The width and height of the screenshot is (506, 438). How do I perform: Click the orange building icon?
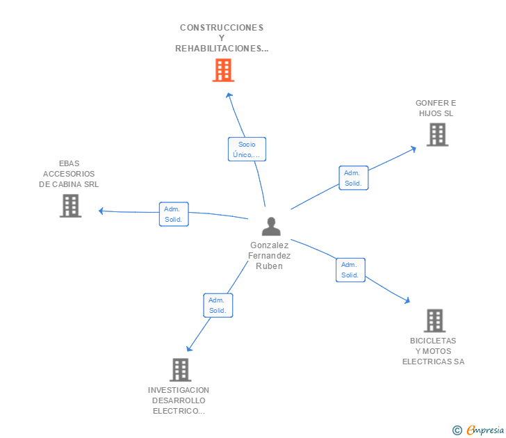point(223,70)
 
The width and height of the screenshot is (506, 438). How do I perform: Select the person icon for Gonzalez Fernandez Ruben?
point(271,226)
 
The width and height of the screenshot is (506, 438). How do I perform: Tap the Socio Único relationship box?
point(247,149)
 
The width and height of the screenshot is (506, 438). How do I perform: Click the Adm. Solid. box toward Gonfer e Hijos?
point(353,178)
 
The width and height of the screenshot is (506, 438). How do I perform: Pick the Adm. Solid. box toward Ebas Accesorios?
point(174,214)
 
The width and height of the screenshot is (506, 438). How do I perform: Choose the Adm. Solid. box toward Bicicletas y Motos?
point(350,270)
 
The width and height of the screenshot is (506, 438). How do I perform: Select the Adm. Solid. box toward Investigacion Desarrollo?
point(218,305)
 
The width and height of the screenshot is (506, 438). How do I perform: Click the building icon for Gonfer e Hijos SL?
point(437,135)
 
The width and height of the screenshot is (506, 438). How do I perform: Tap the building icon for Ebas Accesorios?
point(70,206)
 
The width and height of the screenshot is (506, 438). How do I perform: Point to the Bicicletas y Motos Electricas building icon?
point(434,321)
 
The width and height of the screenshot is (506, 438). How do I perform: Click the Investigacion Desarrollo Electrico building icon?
point(181,370)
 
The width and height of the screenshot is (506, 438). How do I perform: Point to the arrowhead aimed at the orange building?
point(229,95)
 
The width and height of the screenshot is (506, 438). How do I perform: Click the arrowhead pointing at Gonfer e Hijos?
point(414,149)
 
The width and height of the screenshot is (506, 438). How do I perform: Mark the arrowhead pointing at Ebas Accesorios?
point(101,211)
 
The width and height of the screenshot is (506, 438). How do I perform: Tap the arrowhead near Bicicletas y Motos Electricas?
point(407,300)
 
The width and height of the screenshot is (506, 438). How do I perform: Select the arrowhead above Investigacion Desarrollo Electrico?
point(189,348)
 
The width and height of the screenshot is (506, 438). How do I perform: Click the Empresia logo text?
point(485,430)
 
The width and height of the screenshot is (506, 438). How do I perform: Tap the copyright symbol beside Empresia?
point(457,430)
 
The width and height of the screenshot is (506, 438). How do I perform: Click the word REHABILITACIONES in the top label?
point(222,49)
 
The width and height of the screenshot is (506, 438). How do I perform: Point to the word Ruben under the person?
point(269,266)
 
